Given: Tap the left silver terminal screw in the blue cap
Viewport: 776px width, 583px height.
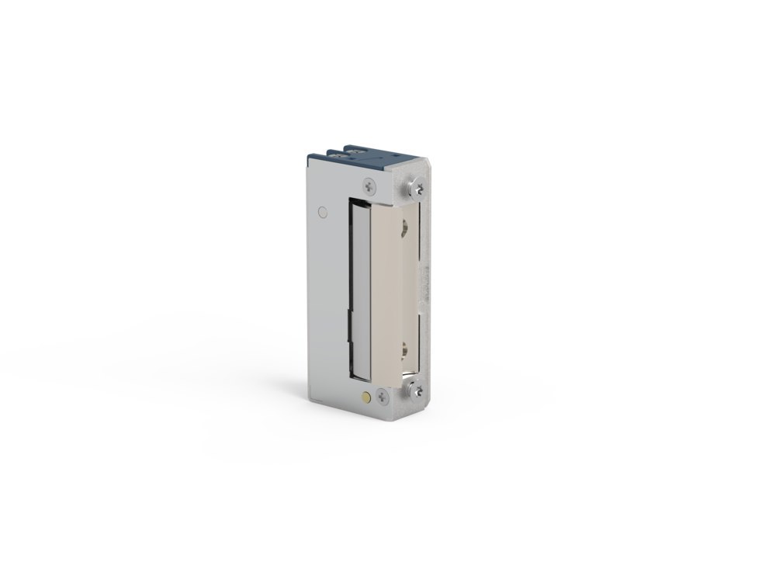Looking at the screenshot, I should point(339,154).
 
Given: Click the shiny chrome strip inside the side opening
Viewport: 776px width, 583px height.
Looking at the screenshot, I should point(359,287).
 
